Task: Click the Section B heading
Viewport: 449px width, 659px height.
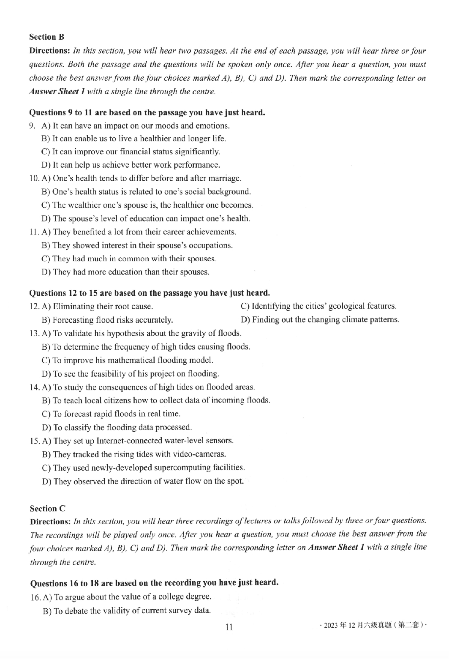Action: coord(46,37)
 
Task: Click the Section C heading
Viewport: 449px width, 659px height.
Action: coord(47,509)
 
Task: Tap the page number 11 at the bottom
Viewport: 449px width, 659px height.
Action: coord(229,627)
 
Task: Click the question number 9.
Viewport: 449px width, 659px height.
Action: coord(32,126)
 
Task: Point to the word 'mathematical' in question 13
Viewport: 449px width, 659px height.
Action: coord(131,360)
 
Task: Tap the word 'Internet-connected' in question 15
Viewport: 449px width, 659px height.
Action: coord(129,441)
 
